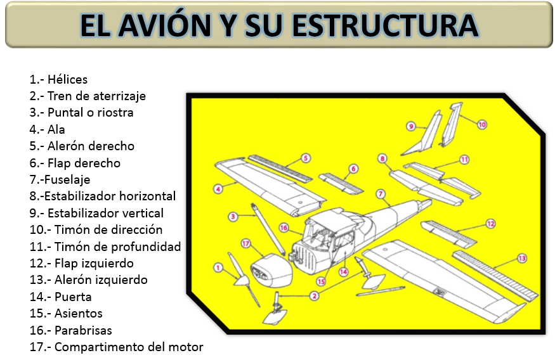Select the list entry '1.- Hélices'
coord(58,79)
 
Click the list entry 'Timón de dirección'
coord(96,229)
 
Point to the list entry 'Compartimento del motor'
coord(117,347)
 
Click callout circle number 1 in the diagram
coord(218,268)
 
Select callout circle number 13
coord(522,258)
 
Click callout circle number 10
coord(482,125)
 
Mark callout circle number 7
coord(380,193)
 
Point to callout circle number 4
coord(218,188)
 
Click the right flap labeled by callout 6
coord(341,183)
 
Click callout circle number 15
coord(321,281)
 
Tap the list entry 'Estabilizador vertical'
coord(96,213)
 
